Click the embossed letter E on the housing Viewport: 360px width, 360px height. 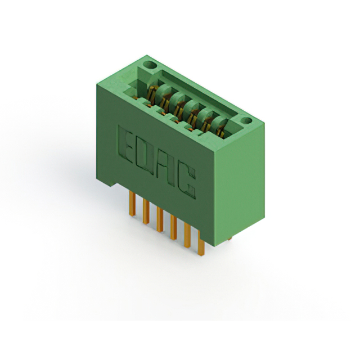[x=125, y=144]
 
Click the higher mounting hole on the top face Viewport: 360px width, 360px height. [x=150, y=65]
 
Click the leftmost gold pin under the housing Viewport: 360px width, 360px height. [x=132, y=204]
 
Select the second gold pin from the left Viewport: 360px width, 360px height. [x=146, y=211]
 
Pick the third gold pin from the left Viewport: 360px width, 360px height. [x=160, y=219]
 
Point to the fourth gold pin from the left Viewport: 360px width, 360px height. [x=174, y=227]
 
